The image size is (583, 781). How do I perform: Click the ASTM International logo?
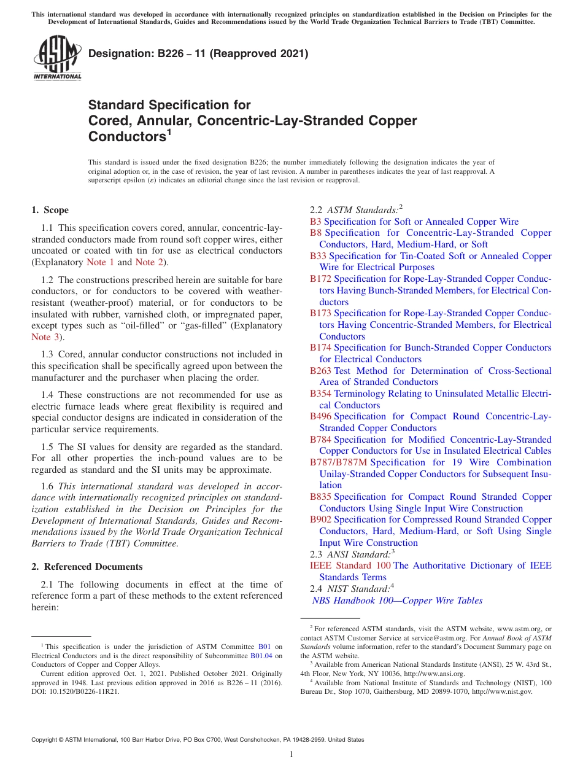coord(57,58)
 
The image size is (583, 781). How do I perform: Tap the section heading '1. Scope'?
coord(50,210)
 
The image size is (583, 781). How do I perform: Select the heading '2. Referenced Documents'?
coord(87,567)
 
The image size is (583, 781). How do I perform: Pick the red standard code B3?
coord(315,222)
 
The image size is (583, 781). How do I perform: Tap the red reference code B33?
coord(318,256)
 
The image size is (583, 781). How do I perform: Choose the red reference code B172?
coord(320,279)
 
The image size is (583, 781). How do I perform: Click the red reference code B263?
coord(320,371)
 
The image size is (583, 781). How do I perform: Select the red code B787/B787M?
coord(338,462)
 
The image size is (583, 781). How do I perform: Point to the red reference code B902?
coord(320,519)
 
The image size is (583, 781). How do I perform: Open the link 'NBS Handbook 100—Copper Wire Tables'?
coord(397,600)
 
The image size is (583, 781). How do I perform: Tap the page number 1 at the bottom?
coord(291,755)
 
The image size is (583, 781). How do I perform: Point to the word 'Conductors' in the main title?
coord(126,136)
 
